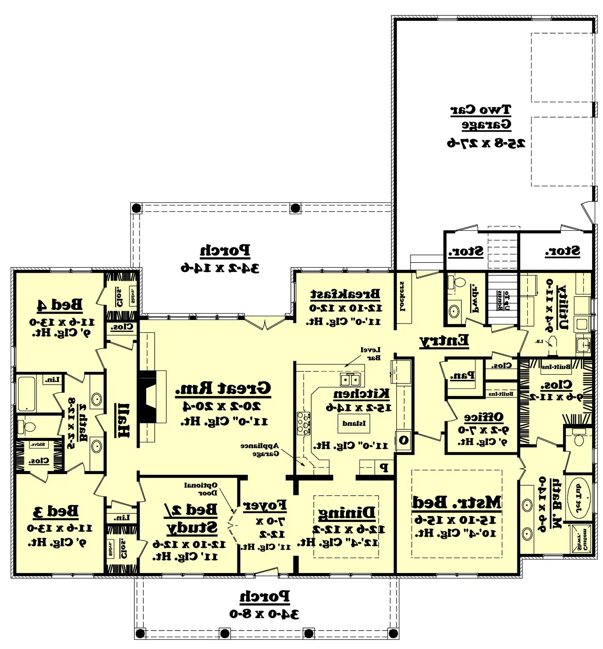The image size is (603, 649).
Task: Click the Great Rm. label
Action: point(223,388)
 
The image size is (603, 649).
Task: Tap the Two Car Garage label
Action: point(481,117)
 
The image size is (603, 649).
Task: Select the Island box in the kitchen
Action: point(354,423)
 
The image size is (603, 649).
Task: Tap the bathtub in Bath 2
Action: point(26,394)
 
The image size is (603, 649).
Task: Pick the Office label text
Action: point(484,417)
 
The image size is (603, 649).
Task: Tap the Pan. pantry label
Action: point(462,376)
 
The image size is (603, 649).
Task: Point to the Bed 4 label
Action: point(60,304)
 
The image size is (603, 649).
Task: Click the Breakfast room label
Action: point(345,294)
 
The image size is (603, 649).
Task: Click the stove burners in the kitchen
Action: point(303,423)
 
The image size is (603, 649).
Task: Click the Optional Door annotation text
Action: point(200,489)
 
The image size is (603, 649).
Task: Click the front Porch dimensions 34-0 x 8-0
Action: point(264,614)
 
